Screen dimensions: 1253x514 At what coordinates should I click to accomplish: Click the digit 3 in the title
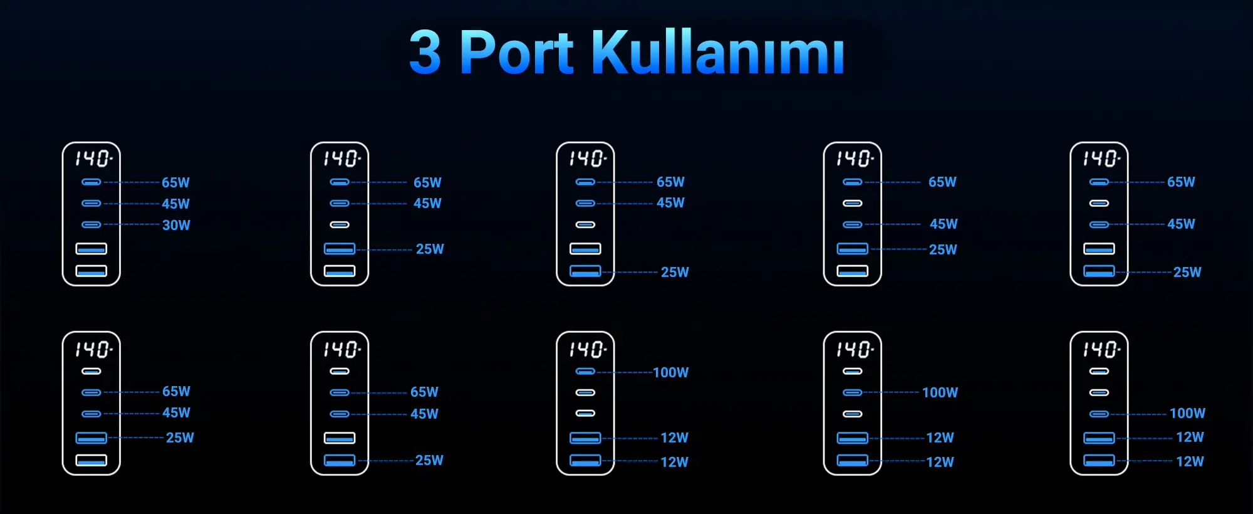coord(425,52)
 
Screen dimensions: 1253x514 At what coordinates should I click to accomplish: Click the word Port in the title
coord(516,52)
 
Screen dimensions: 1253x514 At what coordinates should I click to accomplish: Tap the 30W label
coord(176,225)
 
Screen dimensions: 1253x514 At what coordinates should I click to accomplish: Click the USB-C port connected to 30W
coord(91,224)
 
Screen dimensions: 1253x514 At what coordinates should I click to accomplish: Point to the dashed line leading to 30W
coord(132,224)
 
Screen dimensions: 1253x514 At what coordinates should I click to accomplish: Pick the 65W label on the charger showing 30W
coord(175,182)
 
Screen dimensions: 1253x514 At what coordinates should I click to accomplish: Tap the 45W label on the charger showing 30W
coord(175,204)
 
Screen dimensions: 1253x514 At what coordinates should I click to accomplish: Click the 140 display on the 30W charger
coord(93,159)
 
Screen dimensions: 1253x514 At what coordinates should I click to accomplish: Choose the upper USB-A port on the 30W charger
coord(91,249)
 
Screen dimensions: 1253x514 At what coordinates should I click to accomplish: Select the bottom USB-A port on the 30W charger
coord(91,271)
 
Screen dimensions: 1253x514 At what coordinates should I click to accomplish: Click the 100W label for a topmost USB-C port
coord(671,372)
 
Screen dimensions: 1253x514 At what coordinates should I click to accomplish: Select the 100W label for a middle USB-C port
coord(940,392)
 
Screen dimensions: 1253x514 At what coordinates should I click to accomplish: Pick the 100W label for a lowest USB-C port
coord(1188,413)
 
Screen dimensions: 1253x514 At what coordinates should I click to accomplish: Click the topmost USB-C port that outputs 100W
coord(585,372)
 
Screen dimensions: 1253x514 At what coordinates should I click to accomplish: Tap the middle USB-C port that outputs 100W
coord(853,392)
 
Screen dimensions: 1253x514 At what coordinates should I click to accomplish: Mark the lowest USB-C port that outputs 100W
coord(1099,414)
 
